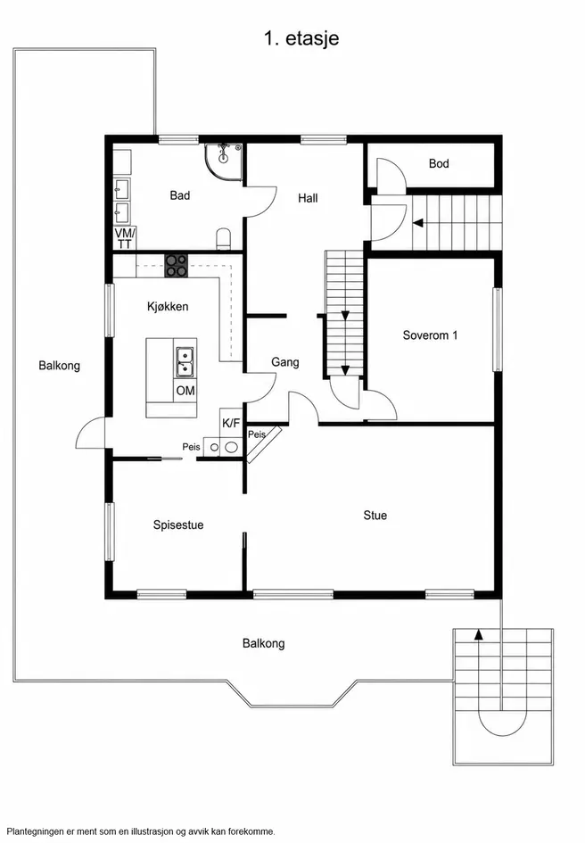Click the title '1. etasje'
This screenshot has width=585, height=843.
(301, 38)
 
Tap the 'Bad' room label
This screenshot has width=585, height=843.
(180, 195)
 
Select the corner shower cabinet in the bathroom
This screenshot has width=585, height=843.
(224, 161)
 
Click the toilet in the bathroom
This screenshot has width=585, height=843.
(223, 239)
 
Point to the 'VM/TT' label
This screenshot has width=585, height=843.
(125, 239)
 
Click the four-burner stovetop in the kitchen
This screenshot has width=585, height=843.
(177, 266)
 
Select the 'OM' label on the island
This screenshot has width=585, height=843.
(185, 391)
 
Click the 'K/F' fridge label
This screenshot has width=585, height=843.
(231, 423)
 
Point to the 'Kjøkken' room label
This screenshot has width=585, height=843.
(168, 307)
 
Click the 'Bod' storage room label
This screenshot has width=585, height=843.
(439, 163)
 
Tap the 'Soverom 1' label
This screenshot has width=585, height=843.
(430, 335)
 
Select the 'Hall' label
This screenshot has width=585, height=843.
(308, 198)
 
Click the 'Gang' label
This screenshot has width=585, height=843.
(285, 362)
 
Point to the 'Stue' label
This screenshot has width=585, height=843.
(375, 516)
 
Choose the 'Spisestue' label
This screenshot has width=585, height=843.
(178, 525)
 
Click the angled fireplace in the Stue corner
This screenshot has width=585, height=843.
(263, 444)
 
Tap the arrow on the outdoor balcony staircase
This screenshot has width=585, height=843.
(478, 634)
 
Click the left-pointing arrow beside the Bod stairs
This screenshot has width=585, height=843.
(417, 223)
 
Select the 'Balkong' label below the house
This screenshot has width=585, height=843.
(263, 643)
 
